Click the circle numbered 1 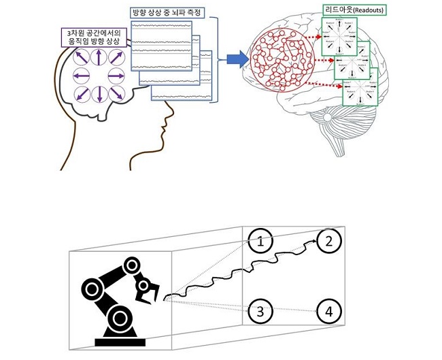(260, 240)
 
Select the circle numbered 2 (328, 240)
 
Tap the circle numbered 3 (260, 312)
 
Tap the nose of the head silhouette (167, 127)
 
